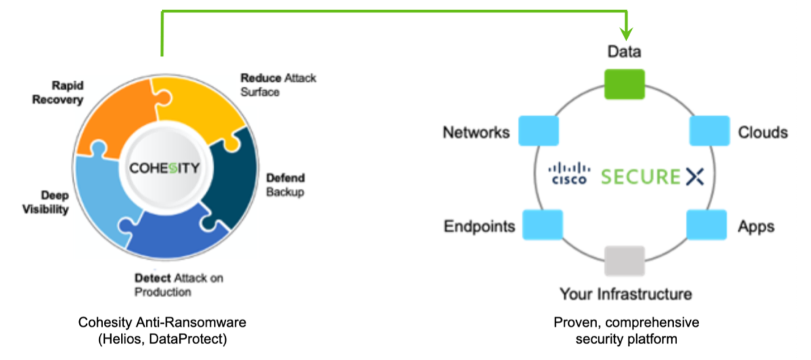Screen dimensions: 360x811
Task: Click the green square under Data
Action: tap(624, 84)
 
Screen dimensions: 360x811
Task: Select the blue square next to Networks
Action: tap(539, 131)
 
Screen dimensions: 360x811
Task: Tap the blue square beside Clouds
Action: tap(709, 130)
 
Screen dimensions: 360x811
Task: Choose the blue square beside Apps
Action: tap(707, 225)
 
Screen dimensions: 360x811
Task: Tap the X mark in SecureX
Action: tap(694, 177)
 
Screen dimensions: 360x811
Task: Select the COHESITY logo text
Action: tap(164, 168)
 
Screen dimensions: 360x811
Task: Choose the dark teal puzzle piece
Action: tap(227, 181)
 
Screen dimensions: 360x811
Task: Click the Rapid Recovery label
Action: tap(58, 92)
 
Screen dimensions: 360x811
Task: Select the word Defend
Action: tap(286, 178)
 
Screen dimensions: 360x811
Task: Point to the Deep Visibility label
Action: tap(46, 202)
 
